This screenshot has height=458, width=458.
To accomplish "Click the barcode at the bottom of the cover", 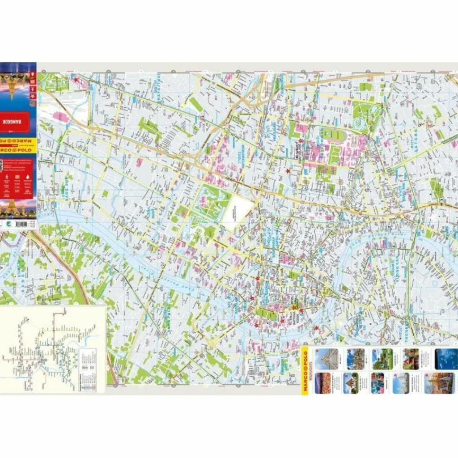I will [18, 223].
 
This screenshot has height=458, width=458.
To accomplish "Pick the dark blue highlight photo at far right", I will [446, 359].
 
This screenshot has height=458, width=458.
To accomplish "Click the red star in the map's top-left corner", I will [76, 81].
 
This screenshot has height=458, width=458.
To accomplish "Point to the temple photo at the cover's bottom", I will [18, 208].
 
